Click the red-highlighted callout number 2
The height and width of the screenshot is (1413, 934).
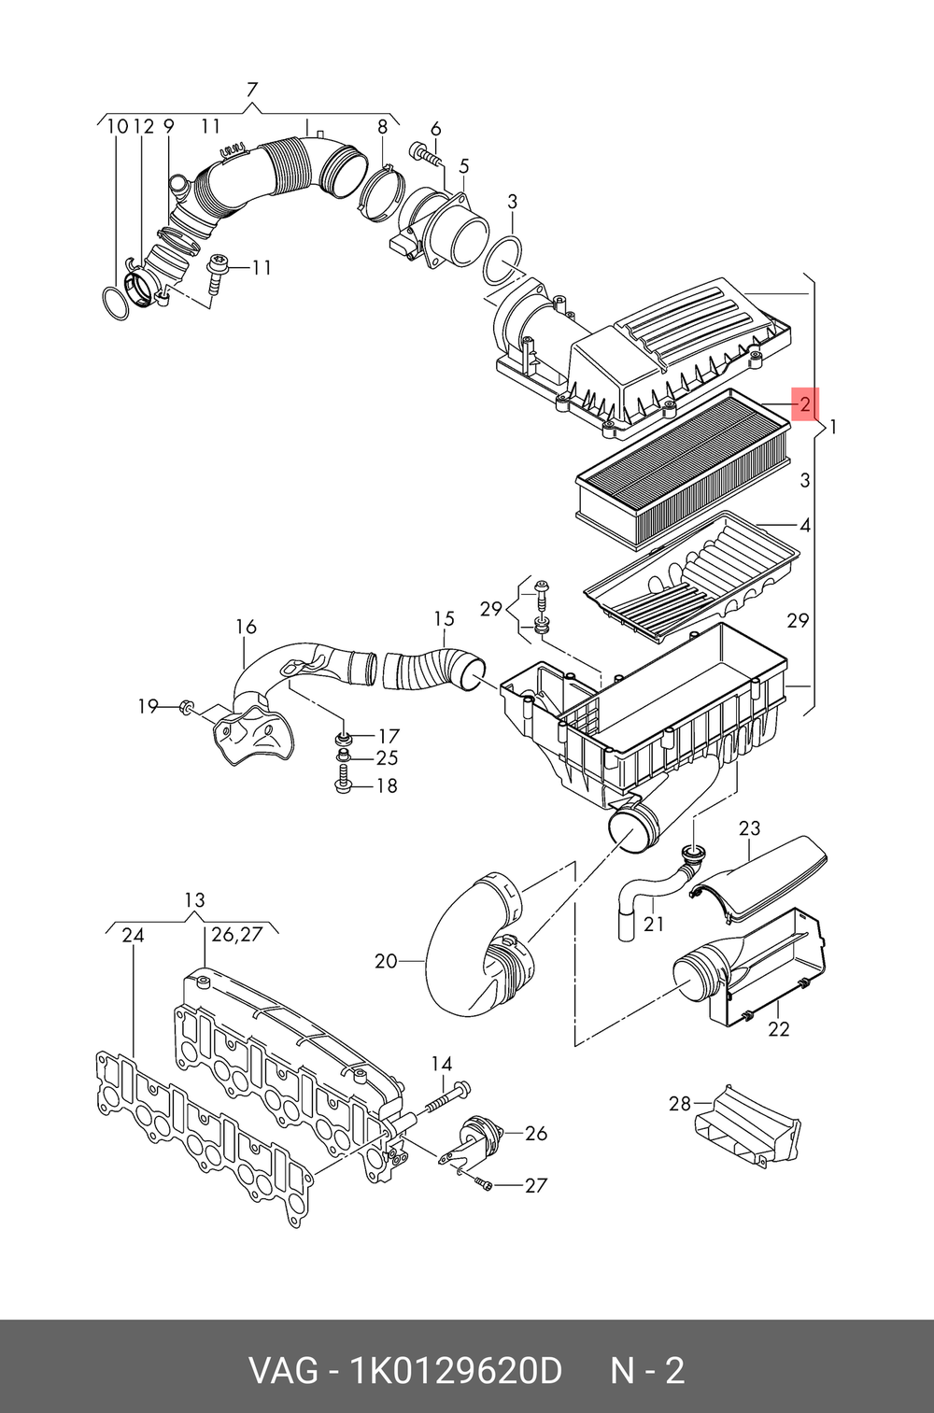pyautogui.click(x=805, y=403)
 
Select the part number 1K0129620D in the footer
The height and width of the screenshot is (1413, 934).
pyautogui.click(x=456, y=1371)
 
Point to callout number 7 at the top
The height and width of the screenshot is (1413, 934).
pyautogui.click(x=251, y=90)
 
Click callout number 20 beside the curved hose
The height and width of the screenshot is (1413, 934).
pyautogui.click(x=386, y=961)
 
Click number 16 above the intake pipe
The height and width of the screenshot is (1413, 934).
pyautogui.click(x=246, y=627)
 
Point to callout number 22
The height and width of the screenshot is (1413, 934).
pyautogui.click(x=779, y=1029)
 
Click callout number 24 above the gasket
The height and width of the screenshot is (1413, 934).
pyautogui.click(x=133, y=936)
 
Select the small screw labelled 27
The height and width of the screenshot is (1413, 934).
pyautogui.click(x=485, y=1185)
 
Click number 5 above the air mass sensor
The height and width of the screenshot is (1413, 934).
pyautogui.click(x=463, y=166)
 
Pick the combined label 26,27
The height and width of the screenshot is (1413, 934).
pyautogui.click(x=236, y=934)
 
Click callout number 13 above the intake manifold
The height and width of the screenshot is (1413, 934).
pyautogui.click(x=195, y=900)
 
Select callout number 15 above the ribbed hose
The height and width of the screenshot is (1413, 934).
pyautogui.click(x=444, y=619)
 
